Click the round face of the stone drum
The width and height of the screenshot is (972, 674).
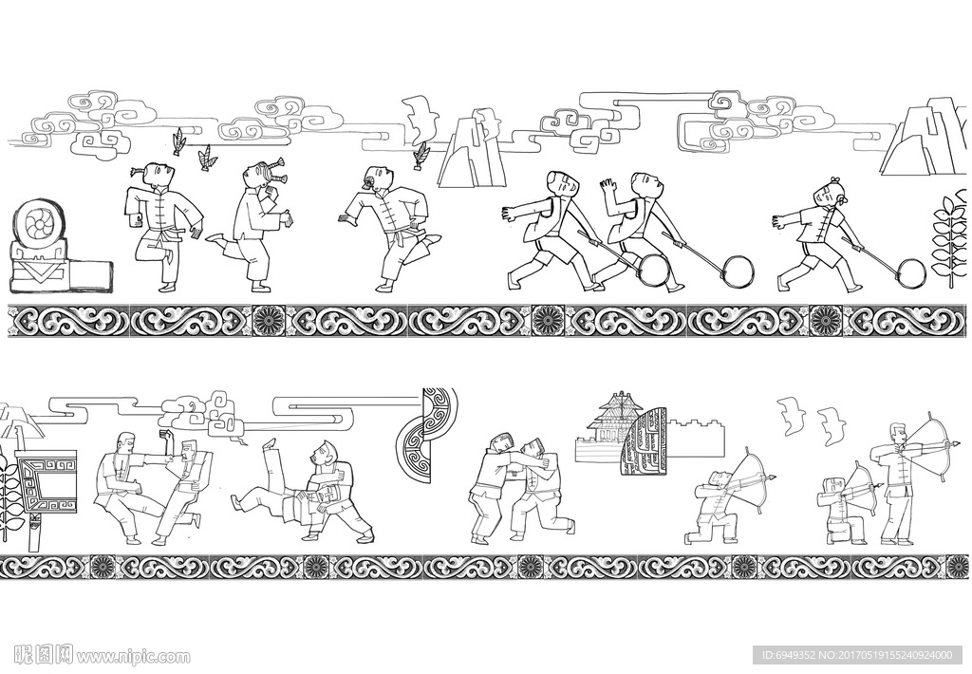coord(38,225)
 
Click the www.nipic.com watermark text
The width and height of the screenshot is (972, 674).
coord(132,656)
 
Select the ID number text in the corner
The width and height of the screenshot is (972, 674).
coord(856,655)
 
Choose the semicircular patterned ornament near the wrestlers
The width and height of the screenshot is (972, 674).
coord(428,434)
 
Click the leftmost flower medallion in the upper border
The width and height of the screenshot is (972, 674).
coord(270,321)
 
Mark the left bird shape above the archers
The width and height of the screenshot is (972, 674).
coord(793,416)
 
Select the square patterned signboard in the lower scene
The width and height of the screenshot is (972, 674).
coord(47,483)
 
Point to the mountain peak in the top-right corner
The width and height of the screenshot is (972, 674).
coord(926,137)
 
